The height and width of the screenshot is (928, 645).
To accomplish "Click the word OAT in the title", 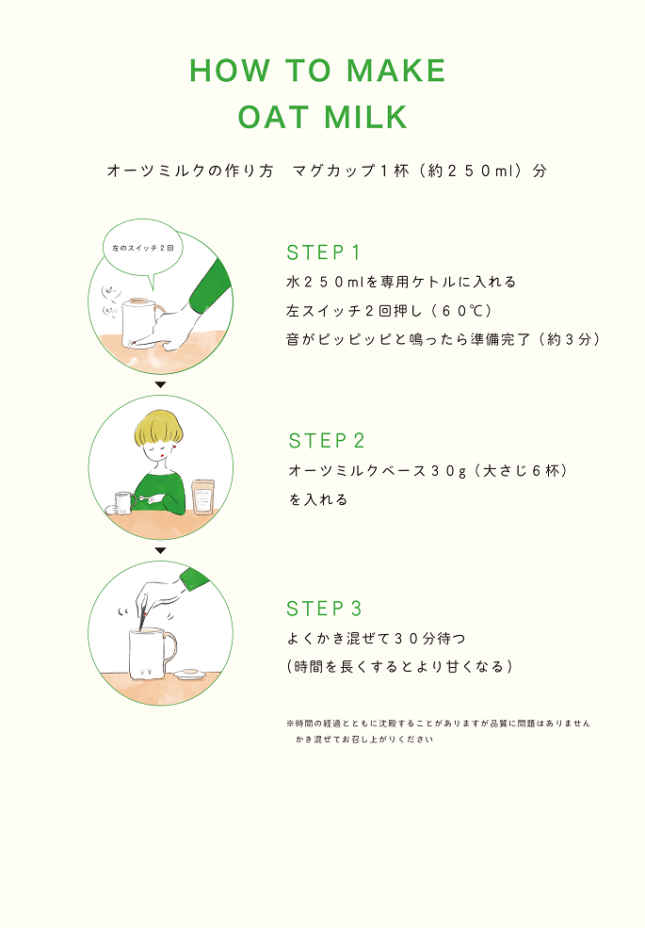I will tap(273, 117).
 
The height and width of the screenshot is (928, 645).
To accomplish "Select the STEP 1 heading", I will tap(324, 252).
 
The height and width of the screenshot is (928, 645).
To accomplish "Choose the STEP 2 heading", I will tap(326, 440).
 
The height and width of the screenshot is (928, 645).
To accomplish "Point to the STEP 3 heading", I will tap(324, 608).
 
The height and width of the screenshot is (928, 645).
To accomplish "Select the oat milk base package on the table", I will tap(203, 497).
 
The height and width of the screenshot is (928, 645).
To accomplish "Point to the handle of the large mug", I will tap(169, 648).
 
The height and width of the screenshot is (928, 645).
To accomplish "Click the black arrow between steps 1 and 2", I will tap(160, 384).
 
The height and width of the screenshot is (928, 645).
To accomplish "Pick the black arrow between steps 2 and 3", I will tap(160, 550).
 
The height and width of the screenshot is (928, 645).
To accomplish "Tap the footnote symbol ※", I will tap(290, 723).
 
